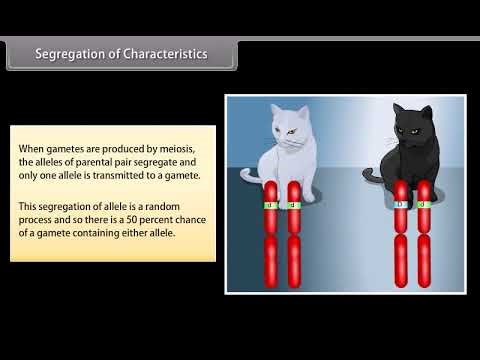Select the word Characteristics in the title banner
click(165, 54)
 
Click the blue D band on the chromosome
click(402, 204)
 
